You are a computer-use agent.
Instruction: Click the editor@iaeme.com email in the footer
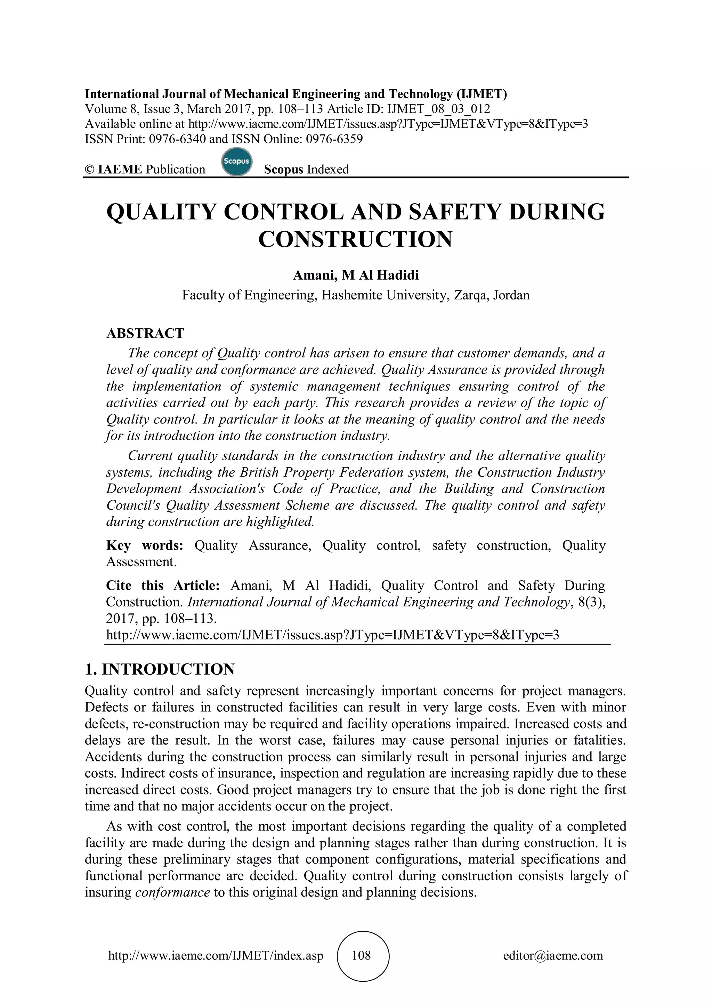(x=553, y=956)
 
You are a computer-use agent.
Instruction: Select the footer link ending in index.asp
(x=215, y=956)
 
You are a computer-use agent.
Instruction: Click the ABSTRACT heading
(x=145, y=333)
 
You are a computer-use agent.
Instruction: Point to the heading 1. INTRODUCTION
(x=160, y=669)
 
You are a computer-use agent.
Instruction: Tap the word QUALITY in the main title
(x=161, y=212)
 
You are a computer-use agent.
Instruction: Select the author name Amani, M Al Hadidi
(x=356, y=275)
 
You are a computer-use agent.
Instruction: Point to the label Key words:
(x=144, y=545)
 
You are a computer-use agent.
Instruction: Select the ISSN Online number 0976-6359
(x=334, y=139)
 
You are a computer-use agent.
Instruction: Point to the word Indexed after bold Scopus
(x=328, y=170)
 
